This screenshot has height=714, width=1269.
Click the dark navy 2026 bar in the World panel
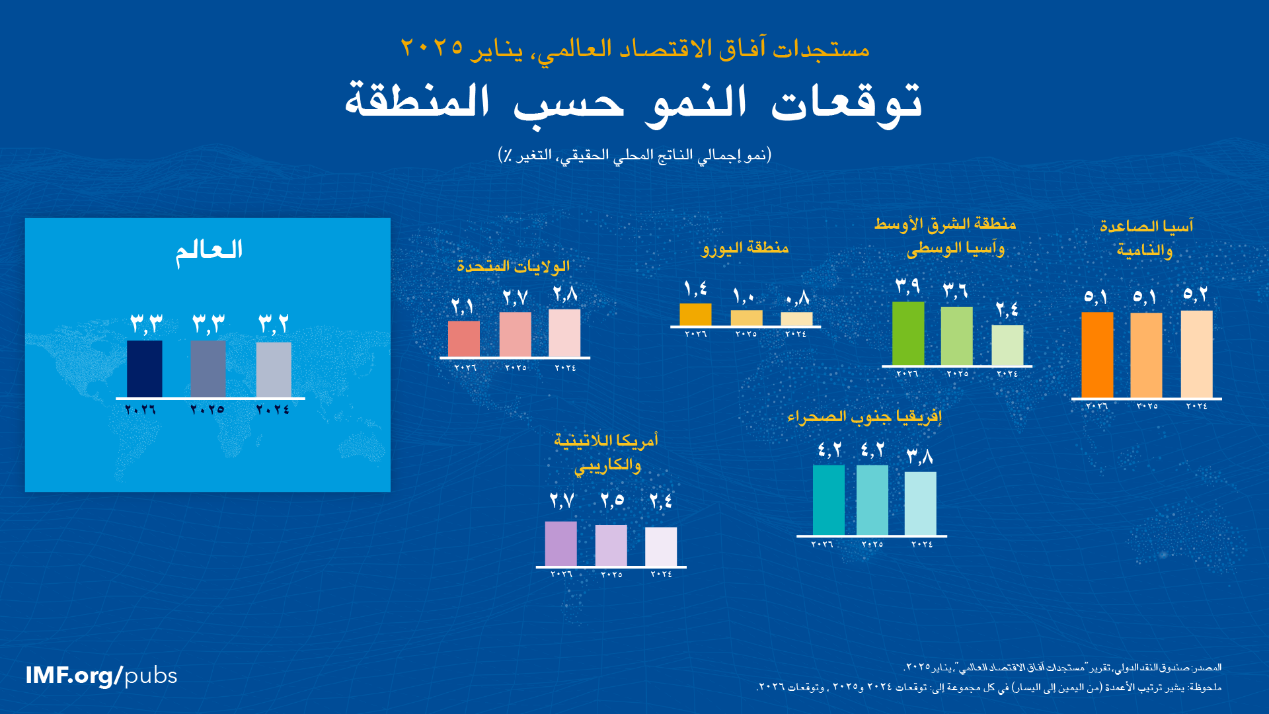(x=144, y=369)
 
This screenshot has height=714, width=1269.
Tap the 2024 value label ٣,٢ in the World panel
(x=273, y=324)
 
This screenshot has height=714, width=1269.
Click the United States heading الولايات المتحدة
(x=513, y=266)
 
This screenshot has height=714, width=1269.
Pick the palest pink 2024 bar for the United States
(x=564, y=333)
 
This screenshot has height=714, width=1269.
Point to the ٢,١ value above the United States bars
(x=463, y=307)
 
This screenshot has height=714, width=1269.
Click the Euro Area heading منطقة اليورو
(x=745, y=248)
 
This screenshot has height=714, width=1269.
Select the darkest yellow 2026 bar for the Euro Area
(x=695, y=315)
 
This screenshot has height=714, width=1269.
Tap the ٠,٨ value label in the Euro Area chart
(x=797, y=299)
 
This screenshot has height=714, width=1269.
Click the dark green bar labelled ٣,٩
(x=908, y=334)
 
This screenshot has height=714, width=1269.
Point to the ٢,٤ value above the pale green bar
(x=1007, y=309)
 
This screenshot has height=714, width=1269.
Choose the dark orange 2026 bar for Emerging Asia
(x=1097, y=355)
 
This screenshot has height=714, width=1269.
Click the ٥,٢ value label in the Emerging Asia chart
(x=1196, y=295)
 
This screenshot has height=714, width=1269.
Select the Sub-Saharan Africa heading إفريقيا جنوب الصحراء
(x=865, y=416)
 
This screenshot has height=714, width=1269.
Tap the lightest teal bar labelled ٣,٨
(x=920, y=503)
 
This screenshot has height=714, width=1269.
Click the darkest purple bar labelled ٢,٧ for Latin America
(x=560, y=543)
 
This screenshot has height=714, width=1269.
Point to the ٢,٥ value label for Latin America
(x=612, y=500)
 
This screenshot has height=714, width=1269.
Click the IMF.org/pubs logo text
(x=101, y=676)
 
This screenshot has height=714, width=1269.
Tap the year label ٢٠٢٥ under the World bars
(x=208, y=410)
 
